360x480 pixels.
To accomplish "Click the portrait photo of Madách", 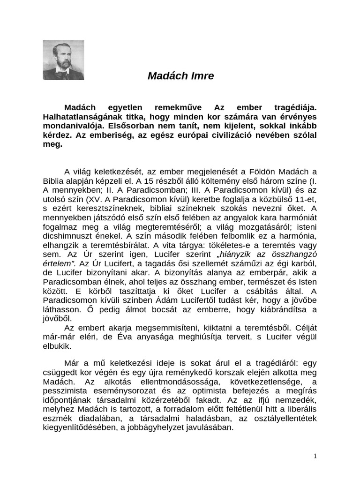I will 63,60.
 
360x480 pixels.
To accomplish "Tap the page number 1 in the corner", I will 315,456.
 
